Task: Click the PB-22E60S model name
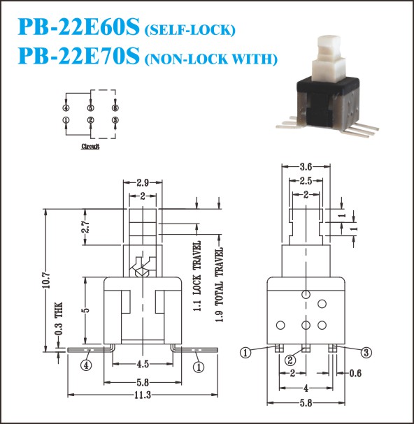(x=79, y=27)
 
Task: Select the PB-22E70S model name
(x=79, y=56)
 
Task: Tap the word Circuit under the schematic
(x=90, y=146)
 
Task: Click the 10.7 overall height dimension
(x=46, y=280)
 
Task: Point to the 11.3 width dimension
(x=143, y=395)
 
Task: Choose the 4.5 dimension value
(x=143, y=364)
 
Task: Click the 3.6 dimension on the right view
(x=306, y=167)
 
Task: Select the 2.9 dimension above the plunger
(x=143, y=183)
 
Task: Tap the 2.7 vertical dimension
(x=86, y=227)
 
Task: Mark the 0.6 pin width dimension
(x=355, y=374)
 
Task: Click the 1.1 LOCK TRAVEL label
(x=197, y=276)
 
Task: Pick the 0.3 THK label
(x=59, y=319)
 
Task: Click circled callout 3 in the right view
(x=366, y=353)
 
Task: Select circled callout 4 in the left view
(x=86, y=365)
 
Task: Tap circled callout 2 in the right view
(x=290, y=360)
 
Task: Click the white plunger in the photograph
(x=329, y=59)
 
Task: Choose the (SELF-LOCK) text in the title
(x=190, y=30)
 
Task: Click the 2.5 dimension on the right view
(x=306, y=181)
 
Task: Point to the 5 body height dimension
(x=86, y=310)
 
